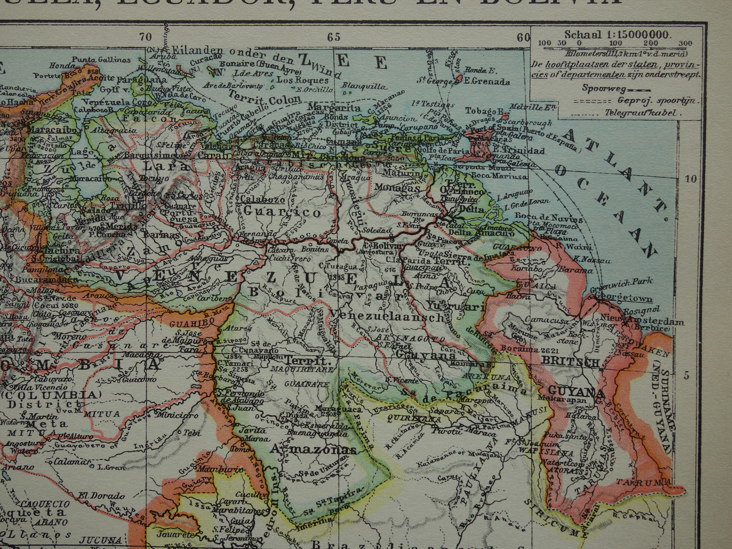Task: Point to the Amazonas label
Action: [313, 449]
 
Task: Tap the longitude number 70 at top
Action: [145, 36]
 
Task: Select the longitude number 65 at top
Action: [333, 37]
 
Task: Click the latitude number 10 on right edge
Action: [691, 178]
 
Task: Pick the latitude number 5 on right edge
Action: [687, 375]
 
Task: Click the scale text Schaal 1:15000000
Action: [617, 34]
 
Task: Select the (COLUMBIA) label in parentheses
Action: [51, 394]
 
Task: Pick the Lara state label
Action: [159, 166]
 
